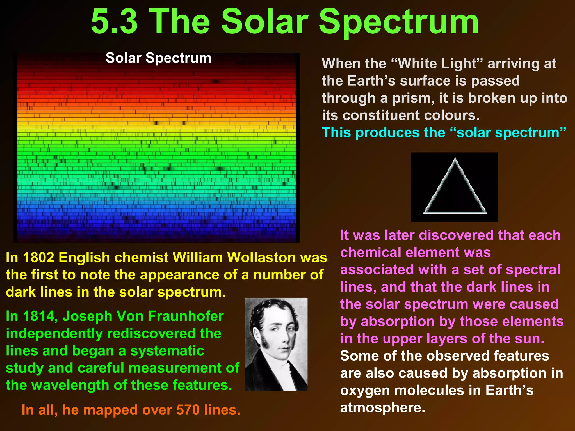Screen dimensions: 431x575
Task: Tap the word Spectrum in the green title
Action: point(399,22)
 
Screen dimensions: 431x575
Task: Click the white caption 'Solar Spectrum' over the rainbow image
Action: point(158,58)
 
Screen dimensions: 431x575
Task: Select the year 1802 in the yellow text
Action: point(38,257)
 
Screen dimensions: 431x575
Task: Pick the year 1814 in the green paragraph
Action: point(38,316)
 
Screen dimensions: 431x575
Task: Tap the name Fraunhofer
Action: point(186,316)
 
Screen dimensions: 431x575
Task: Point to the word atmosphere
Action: point(382,408)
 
